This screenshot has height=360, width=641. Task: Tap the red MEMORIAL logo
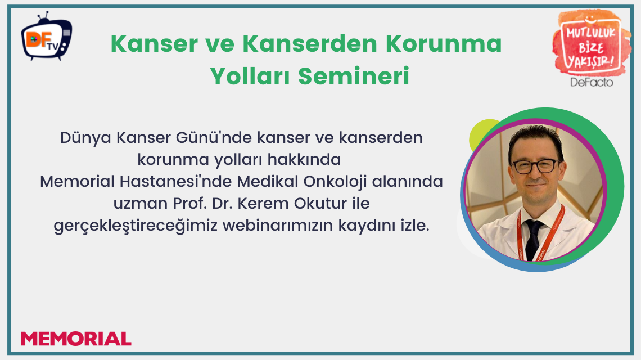tap(76, 339)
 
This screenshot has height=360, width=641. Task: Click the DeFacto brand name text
tap(591, 82)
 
